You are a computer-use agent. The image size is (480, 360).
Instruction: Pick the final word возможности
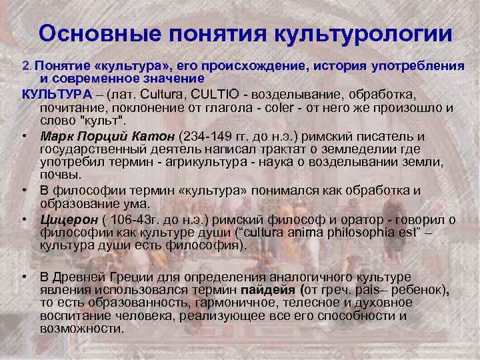(81, 329)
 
